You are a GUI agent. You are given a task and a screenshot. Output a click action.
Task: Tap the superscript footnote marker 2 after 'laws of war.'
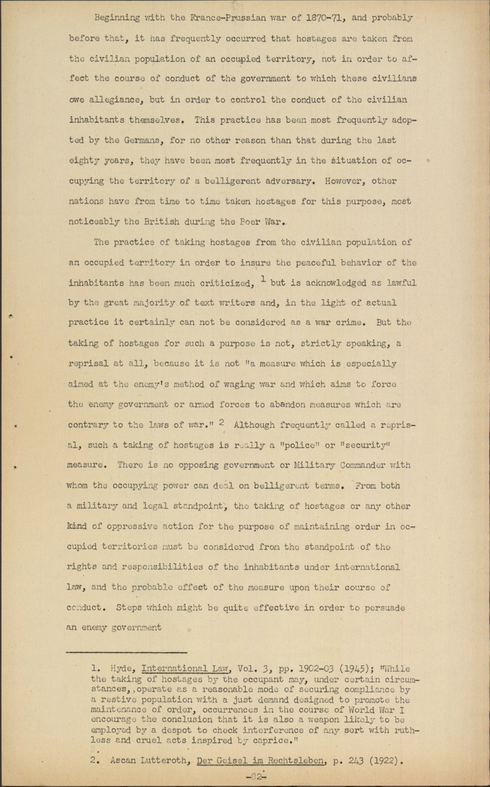click(x=222, y=421)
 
